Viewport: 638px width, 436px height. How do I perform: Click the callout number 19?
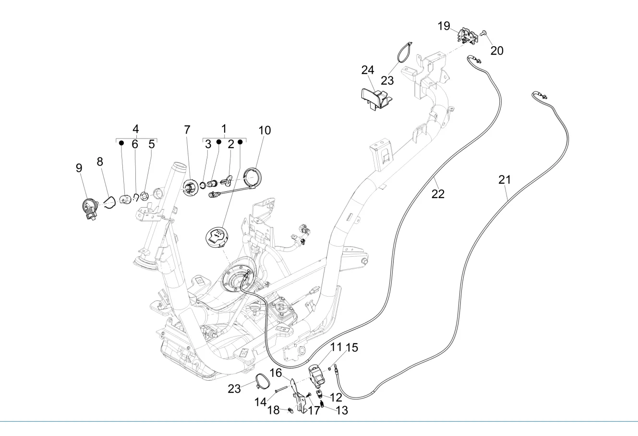tap(444, 25)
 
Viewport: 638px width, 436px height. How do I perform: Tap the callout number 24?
tap(367, 70)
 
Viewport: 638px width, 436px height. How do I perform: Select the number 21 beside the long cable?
tap(504, 180)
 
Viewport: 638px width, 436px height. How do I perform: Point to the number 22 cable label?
tap(438, 194)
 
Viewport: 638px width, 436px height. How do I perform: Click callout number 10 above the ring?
tap(265, 130)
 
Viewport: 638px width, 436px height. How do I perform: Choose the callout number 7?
tap(187, 129)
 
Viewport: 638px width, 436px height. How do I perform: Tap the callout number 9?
tap(79, 168)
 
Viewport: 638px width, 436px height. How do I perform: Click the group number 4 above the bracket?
tap(136, 129)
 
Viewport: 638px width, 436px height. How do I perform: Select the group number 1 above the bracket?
tap(224, 129)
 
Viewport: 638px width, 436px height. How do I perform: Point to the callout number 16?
tap(275, 373)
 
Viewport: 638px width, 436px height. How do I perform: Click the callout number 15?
tap(352, 348)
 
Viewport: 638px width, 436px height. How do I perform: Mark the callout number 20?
tap(497, 50)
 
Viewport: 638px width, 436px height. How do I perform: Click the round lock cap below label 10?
tap(218, 237)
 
